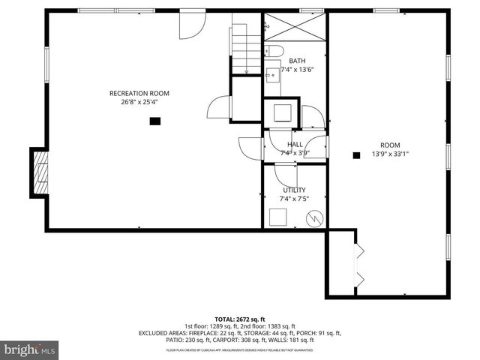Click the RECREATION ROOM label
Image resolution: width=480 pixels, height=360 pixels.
tap(139, 94)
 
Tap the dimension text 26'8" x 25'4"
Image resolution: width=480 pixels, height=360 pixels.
tap(139, 103)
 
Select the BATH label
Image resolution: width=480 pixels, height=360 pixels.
tap(297, 61)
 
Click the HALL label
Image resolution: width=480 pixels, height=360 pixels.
tap(295, 145)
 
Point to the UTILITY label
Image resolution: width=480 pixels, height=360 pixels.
tap(294, 190)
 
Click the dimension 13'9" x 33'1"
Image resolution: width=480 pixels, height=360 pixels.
tap(390, 154)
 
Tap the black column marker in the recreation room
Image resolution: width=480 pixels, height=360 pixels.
tap(154, 120)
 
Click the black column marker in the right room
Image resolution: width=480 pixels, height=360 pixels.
tap(356, 155)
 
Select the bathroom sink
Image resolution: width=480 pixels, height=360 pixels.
tap(271, 73)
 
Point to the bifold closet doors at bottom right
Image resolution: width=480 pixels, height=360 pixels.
tap(359, 267)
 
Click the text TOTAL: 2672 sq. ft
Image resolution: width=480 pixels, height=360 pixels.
tap(239, 319)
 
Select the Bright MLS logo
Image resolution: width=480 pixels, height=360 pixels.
tap(30, 349)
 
